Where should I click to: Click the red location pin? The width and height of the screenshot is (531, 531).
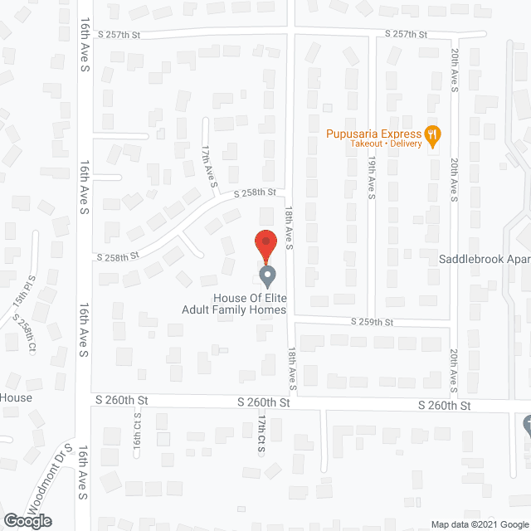pyautogui.click(x=265, y=242)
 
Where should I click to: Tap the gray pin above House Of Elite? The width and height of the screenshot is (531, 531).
pyautogui.click(x=266, y=275)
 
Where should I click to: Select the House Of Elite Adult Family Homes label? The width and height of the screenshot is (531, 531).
pyautogui.click(x=234, y=304)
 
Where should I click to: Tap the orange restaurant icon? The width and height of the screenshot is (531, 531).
pyautogui.click(x=431, y=134)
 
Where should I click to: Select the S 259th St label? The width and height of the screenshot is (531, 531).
pyautogui.click(x=371, y=322)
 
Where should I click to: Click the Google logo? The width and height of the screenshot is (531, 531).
pyautogui.click(x=27, y=521)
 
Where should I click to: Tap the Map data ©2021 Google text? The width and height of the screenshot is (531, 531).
pyautogui.click(x=478, y=524)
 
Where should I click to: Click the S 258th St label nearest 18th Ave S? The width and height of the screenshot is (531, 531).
pyautogui.click(x=254, y=192)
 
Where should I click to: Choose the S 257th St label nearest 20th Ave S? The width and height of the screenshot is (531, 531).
pyautogui.click(x=406, y=34)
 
